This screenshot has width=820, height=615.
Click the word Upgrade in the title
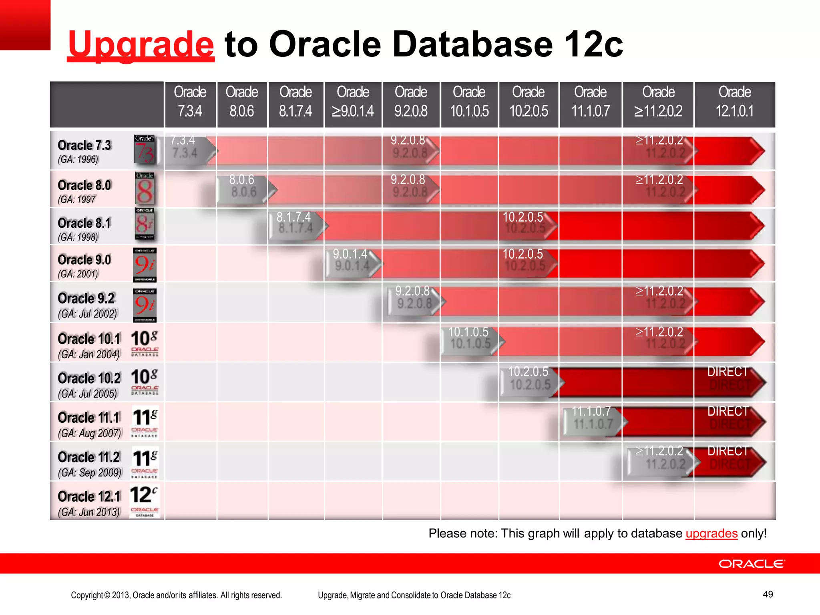(141, 44)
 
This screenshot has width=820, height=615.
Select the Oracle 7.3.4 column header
(190, 102)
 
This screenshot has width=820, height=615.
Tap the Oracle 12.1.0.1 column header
(734, 102)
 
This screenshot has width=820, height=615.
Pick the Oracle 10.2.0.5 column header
(529, 102)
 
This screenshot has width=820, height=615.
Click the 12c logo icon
(145, 500)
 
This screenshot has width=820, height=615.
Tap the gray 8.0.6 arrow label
(243, 186)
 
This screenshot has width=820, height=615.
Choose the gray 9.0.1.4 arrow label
(351, 260)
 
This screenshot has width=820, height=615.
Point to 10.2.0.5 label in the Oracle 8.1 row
(524, 223)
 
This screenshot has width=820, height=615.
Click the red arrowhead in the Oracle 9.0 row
(755, 263)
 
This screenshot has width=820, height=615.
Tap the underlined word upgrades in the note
(711, 533)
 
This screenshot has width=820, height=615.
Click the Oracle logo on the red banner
(752, 564)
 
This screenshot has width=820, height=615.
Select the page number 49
(768, 594)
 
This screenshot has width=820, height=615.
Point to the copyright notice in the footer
(176, 595)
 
